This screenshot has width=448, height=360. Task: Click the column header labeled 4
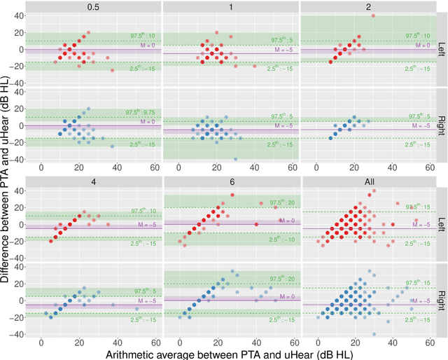92,182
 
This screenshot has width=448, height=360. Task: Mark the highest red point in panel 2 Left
373,16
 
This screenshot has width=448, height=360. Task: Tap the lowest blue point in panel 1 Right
236,159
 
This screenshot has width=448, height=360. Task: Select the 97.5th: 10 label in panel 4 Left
144,211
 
